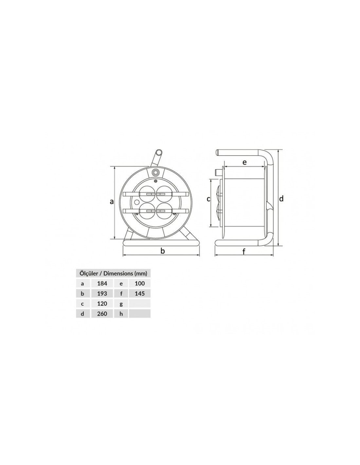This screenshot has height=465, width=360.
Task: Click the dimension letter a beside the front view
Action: point(111,201)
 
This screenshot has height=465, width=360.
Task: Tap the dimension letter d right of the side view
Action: point(281,198)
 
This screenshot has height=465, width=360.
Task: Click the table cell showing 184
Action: point(102,283)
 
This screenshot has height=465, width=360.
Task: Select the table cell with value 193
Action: point(102,293)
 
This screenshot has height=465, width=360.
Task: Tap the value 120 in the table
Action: point(102,303)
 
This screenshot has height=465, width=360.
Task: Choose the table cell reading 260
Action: point(102,314)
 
